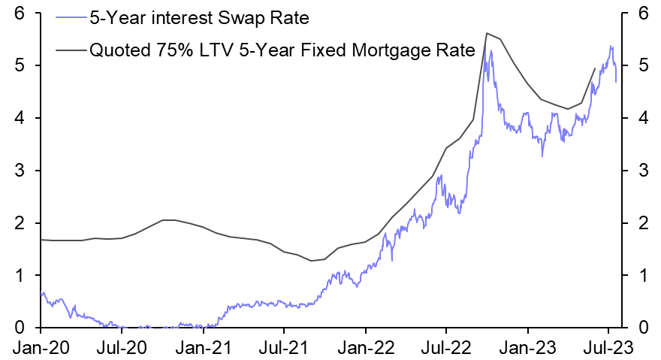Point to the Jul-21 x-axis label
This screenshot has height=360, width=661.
point(284,348)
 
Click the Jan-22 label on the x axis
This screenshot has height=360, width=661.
point(365,348)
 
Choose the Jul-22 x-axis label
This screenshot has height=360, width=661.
point(446,348)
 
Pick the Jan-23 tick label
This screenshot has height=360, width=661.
point(527,348)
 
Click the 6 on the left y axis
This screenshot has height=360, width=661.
point(20,14)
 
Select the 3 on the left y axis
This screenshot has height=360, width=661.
point(20,171)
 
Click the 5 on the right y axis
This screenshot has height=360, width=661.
point(643,66)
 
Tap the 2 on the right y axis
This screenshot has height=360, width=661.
point(643,223)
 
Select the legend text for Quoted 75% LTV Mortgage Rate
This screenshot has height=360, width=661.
point(282,50)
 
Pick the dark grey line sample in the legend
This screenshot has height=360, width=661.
point(69,50)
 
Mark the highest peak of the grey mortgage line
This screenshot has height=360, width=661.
point(487,33)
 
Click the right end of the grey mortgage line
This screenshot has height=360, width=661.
point(595,68)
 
